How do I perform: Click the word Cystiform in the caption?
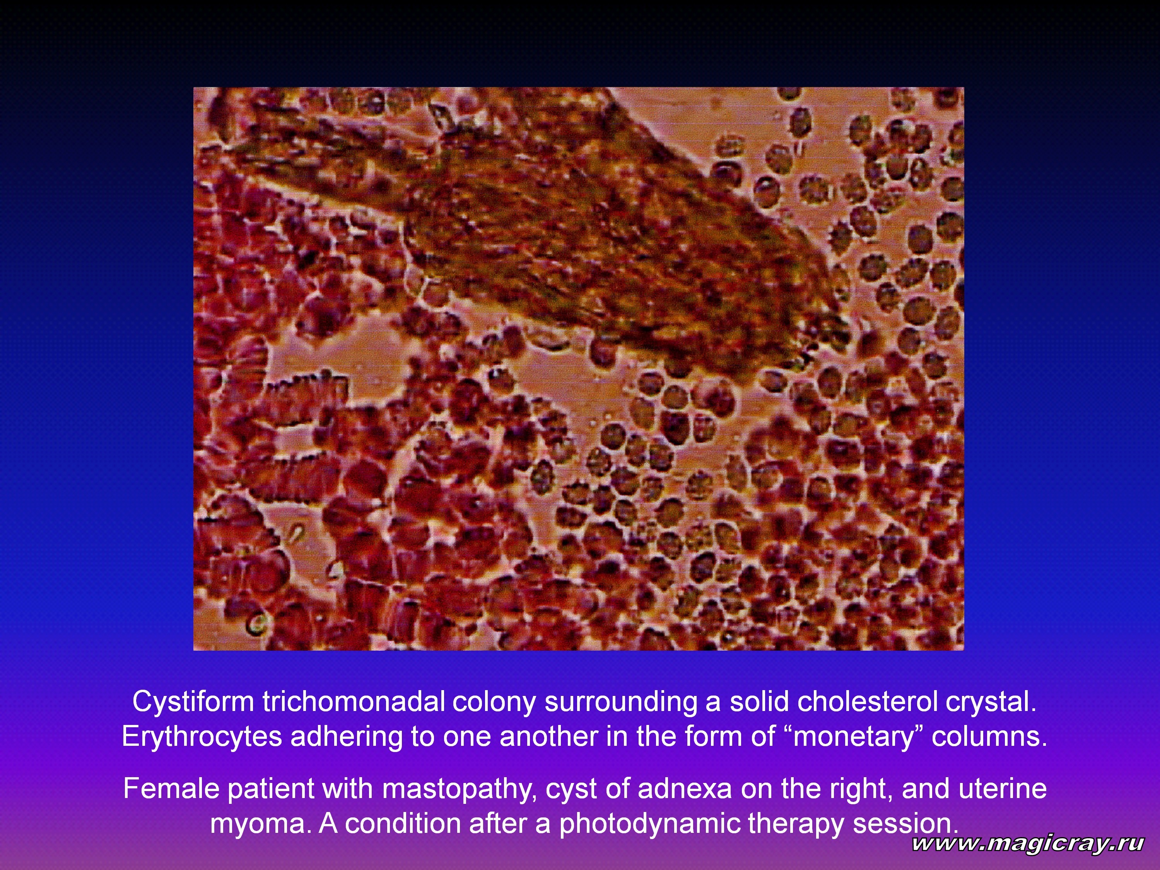[x=193, y=702]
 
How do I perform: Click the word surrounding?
[x=621, y=702]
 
